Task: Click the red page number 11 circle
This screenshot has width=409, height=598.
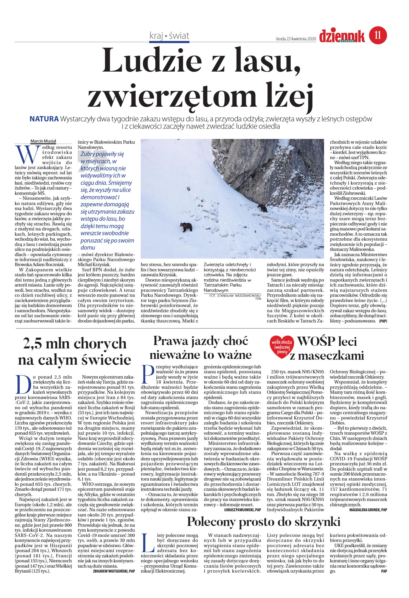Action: (x=378, y=35)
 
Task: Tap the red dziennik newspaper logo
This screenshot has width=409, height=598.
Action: (x=342, y=36)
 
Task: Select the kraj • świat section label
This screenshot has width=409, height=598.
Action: (x=169, y=36)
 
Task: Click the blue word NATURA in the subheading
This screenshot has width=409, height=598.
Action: (x=44, y=119)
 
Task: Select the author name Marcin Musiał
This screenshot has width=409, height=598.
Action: (x=43, y=141)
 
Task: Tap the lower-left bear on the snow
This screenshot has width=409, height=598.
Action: (x=186, y=227)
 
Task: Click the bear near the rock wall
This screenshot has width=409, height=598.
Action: (x=262, y=208)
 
